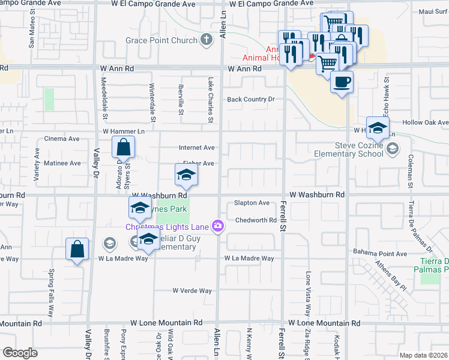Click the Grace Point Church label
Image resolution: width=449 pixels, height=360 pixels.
(x=161, y=40)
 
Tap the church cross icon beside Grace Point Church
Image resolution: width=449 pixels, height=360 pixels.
(x=206, y=40)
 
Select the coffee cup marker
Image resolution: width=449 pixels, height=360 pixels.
(x=342, y=82)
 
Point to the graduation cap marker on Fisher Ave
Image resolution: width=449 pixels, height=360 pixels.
(x=186, y=175)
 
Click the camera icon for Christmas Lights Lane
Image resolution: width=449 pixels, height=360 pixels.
(x=217, y=226)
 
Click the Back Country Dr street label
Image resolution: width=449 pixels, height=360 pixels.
(x=250, y=99)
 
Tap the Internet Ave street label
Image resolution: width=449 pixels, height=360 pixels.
(x=196, y=147)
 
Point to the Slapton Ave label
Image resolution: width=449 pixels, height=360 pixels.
(x=252, y=203)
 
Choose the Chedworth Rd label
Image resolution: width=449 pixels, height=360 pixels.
(x=256, y=220)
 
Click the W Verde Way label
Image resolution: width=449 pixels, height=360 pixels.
(x=192, y=290)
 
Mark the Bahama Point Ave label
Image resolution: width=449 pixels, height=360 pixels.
(x=380, y=253)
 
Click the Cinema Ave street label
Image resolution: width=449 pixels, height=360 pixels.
(x=62, y=139)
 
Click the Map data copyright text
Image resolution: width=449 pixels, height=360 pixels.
(x=423, y=355)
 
